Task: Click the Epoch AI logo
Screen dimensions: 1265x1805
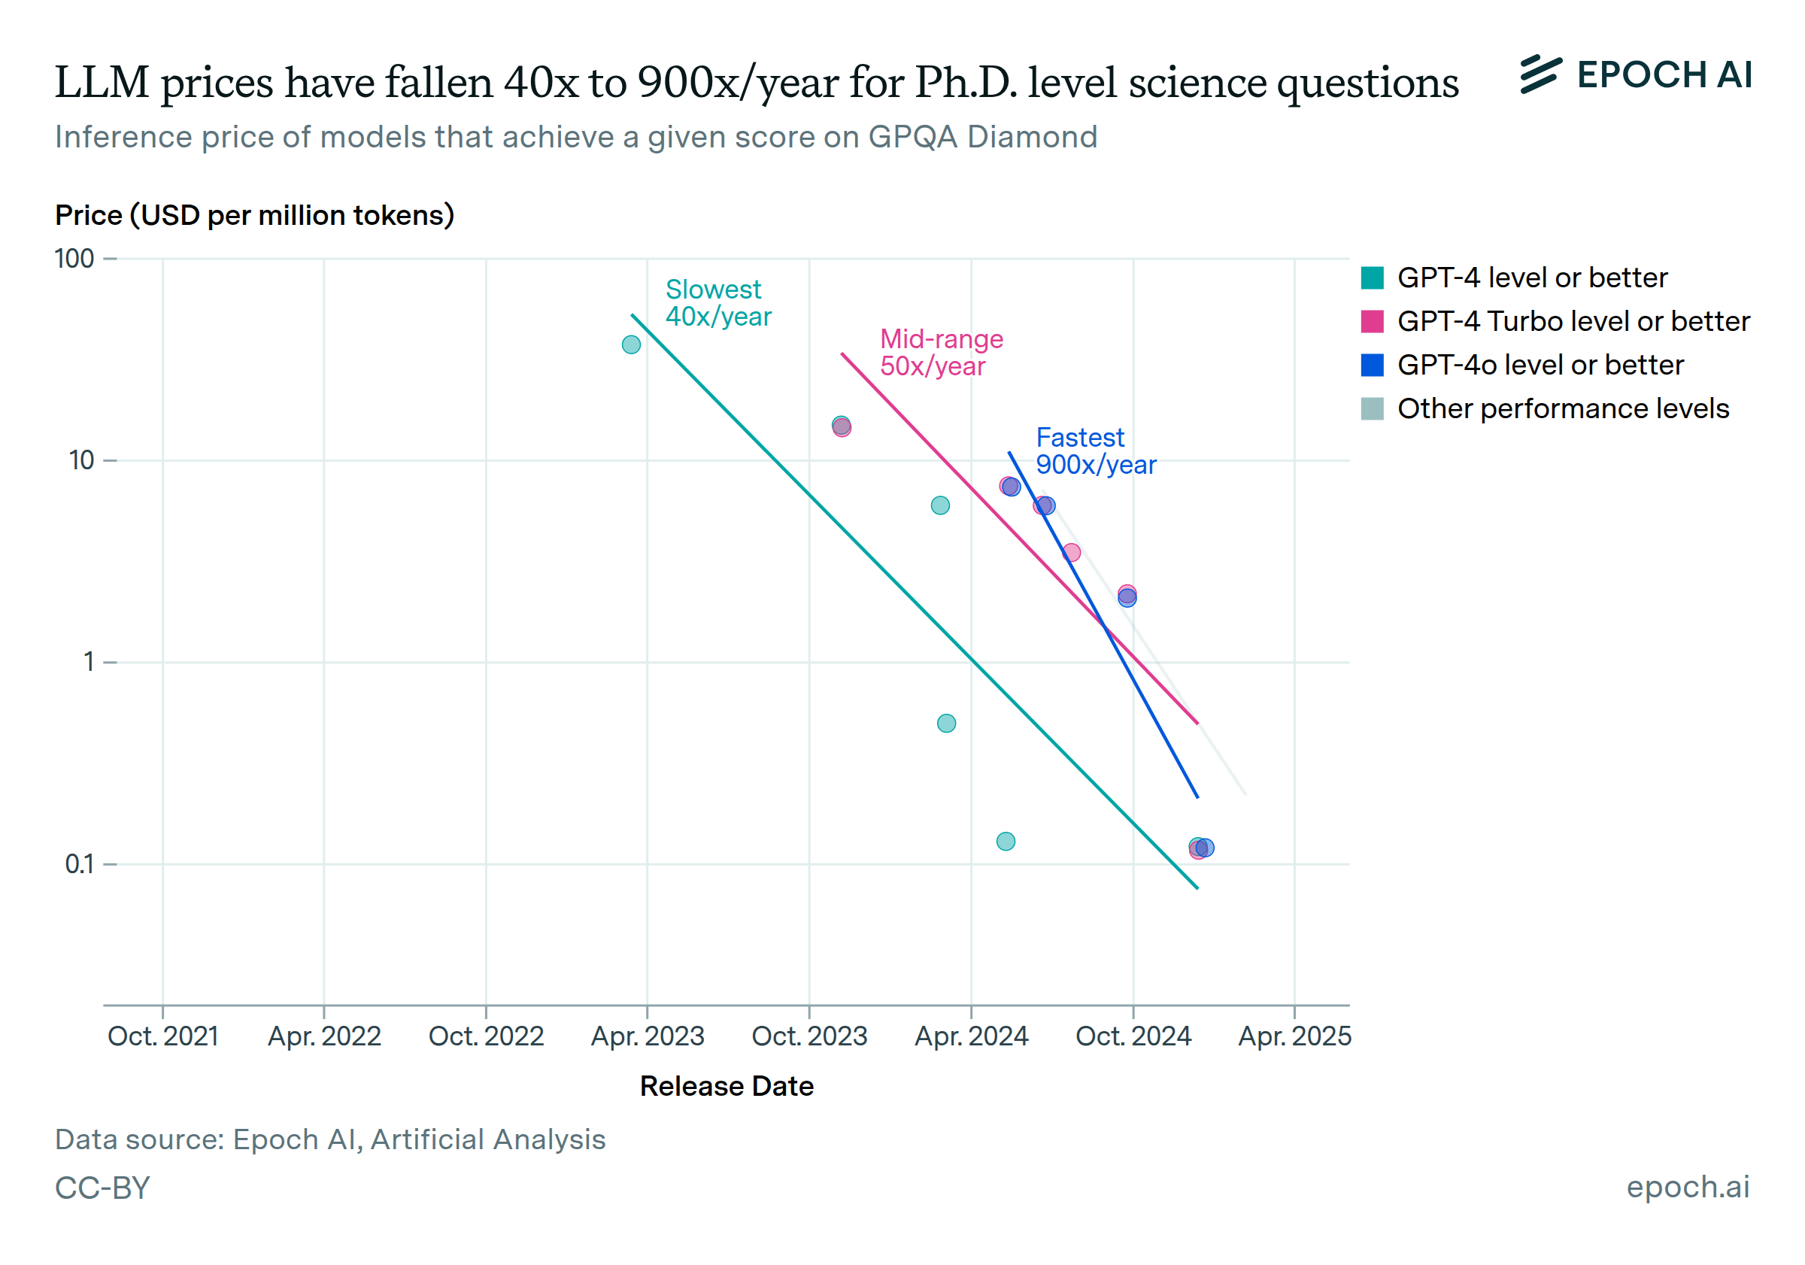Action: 1635,75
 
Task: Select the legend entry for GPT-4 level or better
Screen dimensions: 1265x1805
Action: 1531,278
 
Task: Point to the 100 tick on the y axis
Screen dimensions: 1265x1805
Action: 74,259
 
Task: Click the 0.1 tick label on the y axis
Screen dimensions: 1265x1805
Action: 79,864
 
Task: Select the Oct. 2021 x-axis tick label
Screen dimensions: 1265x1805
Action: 162,1036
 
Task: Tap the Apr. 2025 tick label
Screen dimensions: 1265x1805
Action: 1294,1036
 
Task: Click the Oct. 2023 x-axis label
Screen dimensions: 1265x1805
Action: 809,1036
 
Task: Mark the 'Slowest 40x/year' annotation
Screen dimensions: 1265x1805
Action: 717,302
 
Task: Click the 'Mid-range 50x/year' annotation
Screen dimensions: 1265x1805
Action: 941,352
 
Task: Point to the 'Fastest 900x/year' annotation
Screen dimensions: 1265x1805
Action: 1095,451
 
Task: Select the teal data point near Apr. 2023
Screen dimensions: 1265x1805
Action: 631,344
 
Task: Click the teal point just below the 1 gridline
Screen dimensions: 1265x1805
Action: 947,724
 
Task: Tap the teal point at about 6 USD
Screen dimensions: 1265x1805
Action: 940,505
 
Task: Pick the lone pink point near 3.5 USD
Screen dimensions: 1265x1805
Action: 1072,553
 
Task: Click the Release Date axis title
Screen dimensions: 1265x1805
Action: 727,1086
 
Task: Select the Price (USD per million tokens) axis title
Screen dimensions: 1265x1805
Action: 255,215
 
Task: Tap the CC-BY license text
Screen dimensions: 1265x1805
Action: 102,1188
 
